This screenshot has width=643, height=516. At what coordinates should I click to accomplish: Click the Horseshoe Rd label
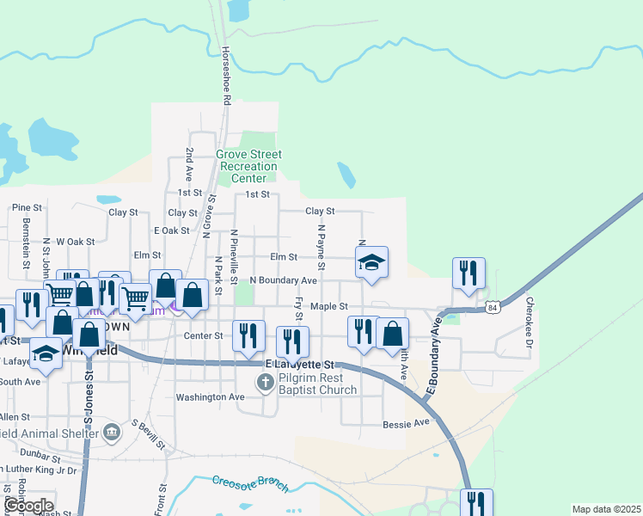(x=227, y=76)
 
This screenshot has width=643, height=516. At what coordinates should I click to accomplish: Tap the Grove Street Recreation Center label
(x=248, y=166)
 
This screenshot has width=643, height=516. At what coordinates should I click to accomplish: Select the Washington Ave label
(x=210, y=397)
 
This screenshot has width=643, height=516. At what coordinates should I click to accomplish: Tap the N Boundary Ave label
(x=284, y=280)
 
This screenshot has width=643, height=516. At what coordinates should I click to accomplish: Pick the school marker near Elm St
(x=371, y=261)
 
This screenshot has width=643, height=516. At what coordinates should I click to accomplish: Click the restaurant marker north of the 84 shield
(x=468, y=273)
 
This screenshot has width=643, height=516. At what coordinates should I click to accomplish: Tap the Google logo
(x=29, y=506)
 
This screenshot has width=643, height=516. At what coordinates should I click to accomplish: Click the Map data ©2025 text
(x=606, y=509)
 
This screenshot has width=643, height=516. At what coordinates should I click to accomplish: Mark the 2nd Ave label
(x=189, y=163)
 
